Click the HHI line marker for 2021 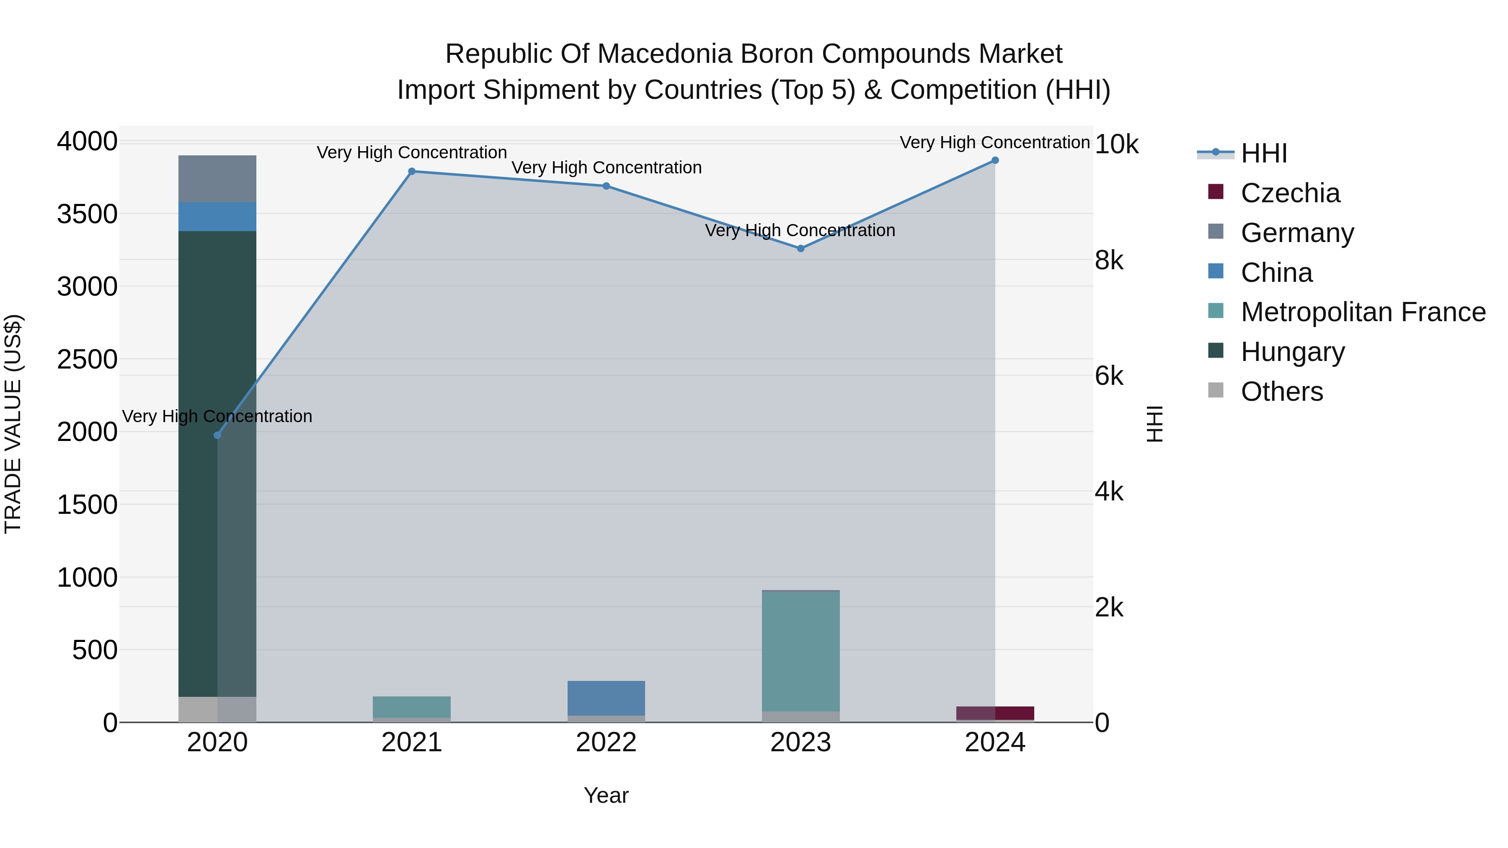pos(411,171)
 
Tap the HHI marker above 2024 pos(994,160)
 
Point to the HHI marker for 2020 pos(217,435)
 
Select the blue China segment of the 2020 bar pos(217,217)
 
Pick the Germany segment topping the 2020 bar pos(217,178)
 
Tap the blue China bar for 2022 pos(606,698)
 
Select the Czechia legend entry pos(1290,193)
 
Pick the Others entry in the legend pos(1281,392)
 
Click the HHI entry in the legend pos(1263,153)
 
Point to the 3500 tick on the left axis pos(87,214)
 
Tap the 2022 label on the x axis pos(606,742)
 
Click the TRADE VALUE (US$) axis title pos(13,424)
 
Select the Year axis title pos(606,795)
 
